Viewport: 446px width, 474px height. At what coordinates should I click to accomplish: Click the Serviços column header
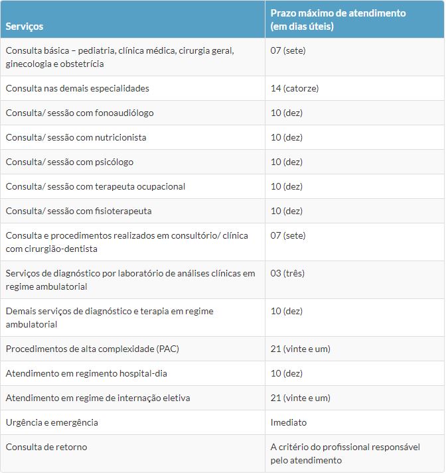pos(25,27)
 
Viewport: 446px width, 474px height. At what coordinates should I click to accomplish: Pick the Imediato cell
pos(289,422)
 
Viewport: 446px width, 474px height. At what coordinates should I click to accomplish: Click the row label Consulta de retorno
pos(46,447)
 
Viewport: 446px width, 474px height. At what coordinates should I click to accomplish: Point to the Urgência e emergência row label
pos(52,422)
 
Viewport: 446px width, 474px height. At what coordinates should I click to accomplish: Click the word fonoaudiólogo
pos(124,113)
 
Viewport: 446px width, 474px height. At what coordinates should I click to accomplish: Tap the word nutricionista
pos(121,137)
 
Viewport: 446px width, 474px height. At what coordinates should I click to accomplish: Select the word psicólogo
pos(114,162)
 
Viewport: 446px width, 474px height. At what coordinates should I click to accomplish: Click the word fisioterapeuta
pos(123,211)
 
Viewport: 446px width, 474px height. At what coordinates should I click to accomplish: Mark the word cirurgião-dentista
pos(61,249)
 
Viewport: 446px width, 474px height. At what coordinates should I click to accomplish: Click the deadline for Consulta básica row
pos(288,50)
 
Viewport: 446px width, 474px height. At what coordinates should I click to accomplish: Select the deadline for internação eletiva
pos(300,398)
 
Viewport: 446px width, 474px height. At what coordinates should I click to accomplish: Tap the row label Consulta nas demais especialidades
pos(78,88)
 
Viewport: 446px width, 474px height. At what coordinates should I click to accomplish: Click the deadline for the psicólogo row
pos(286,162)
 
